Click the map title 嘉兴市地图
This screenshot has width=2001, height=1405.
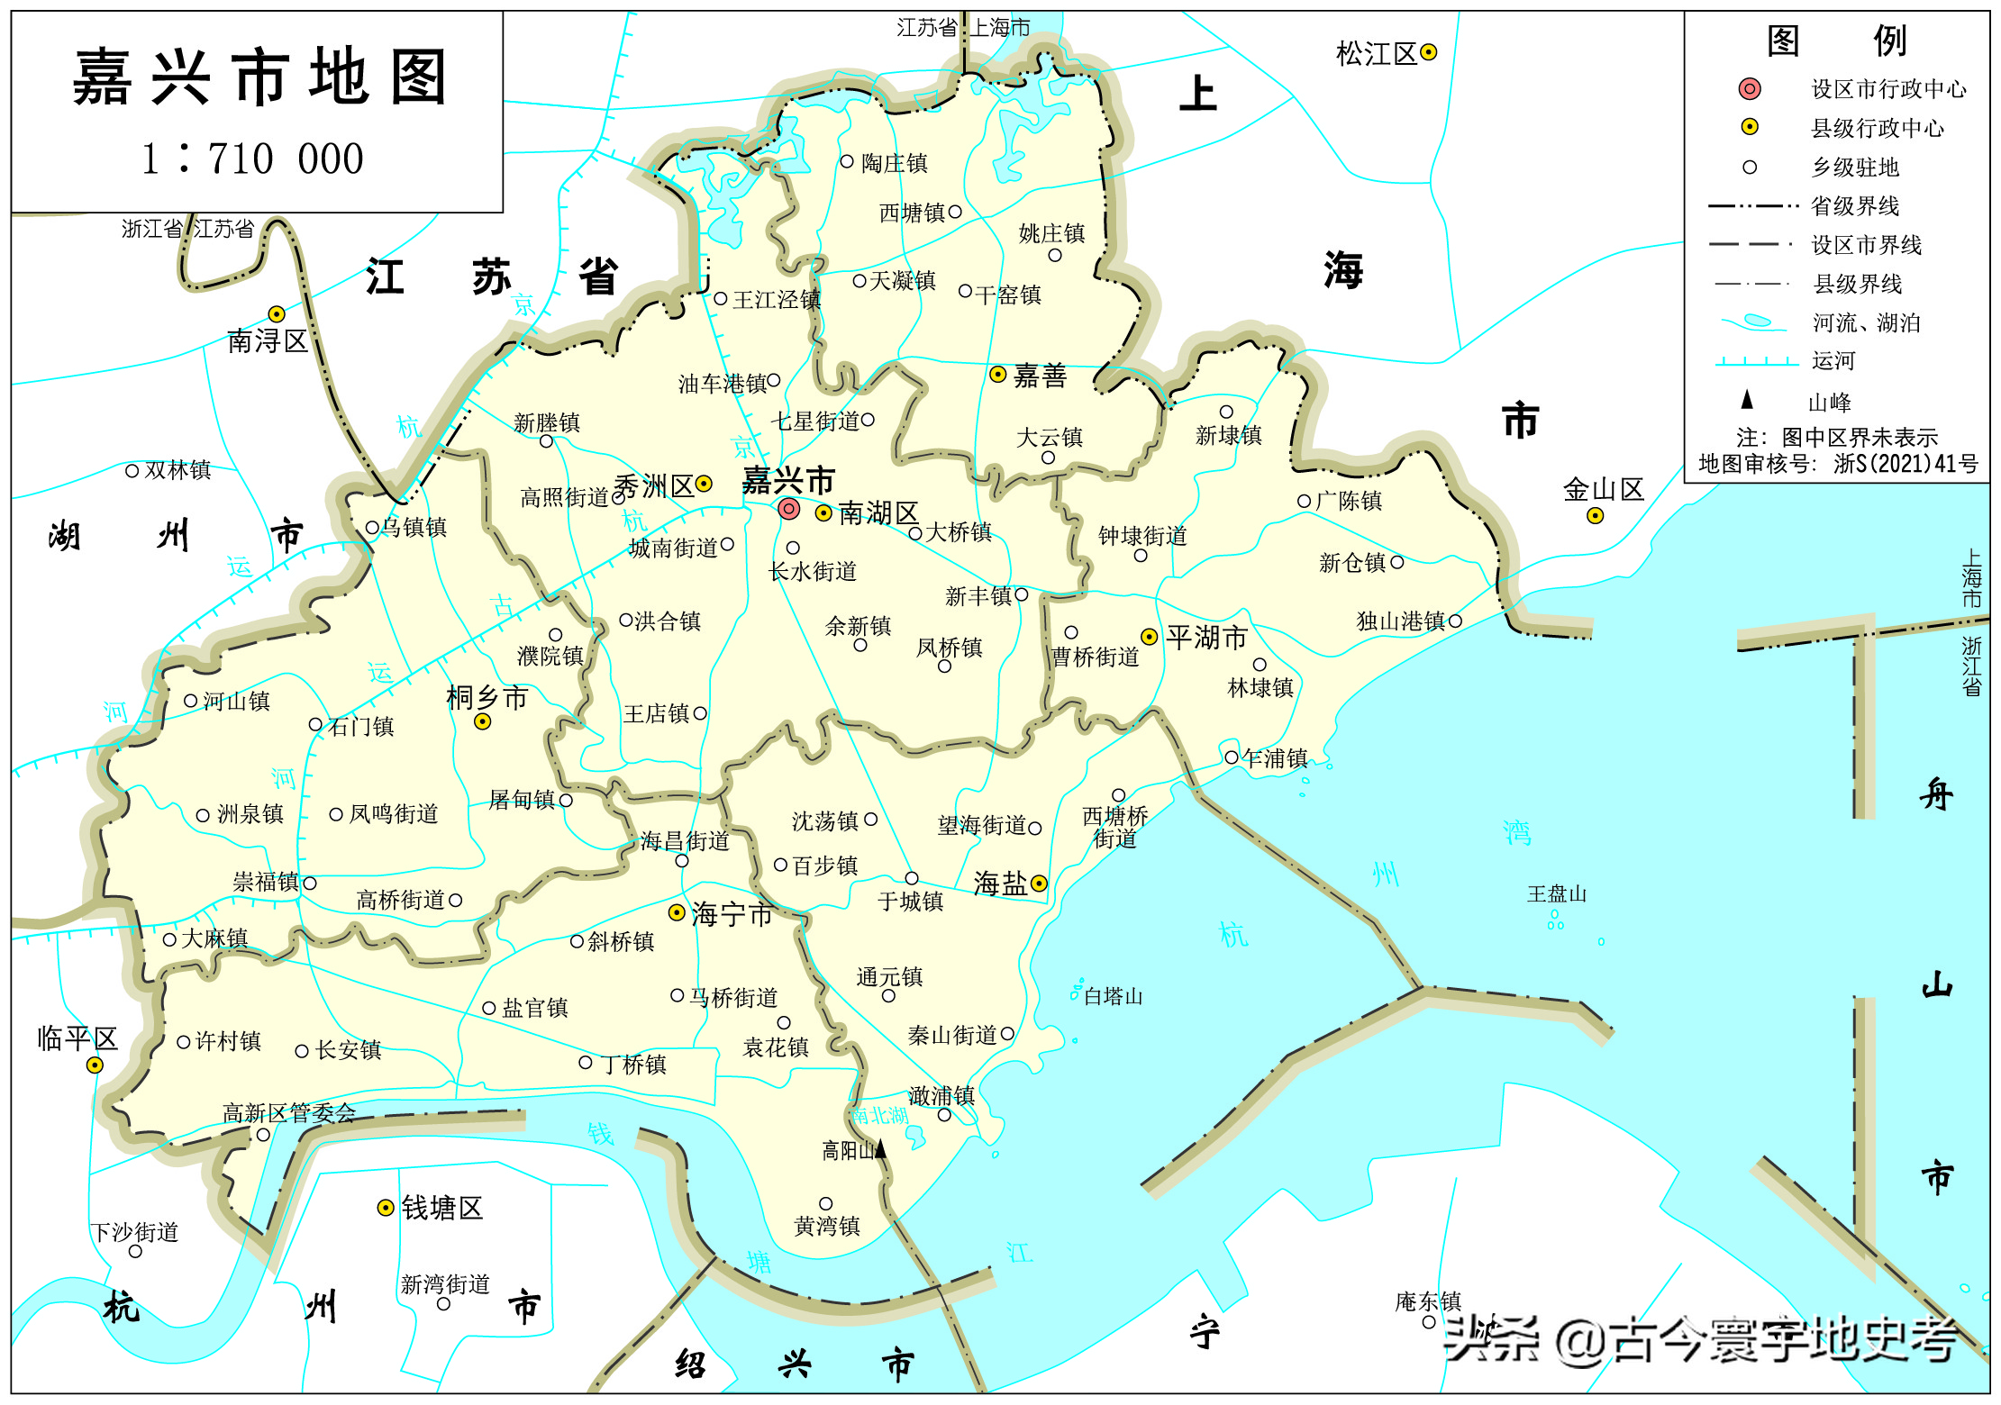(x=259, y=78)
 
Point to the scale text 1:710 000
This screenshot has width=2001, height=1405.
(x=253, y=159)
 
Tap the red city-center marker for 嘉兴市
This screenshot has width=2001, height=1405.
(x=789, y=509)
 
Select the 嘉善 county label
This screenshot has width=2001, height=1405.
(x=1040, y=376)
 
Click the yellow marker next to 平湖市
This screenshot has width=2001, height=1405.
(x=1149, y=637)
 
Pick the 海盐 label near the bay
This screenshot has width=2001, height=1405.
(x=1000, y=884)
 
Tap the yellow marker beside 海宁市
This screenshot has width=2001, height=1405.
(x=677, y=912)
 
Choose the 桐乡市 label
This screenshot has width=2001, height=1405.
(x=487, y=698)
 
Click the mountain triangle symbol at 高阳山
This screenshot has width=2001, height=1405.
(x=881, y=1148)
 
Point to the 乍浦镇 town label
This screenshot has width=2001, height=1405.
(x=1274, y=758)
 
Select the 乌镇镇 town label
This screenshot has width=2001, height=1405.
(x=414, y=527)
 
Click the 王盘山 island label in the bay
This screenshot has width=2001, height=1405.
(x=1556, y=894)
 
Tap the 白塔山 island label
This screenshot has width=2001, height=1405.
(x=1113, y=996)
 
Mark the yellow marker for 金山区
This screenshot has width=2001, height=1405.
(x=1596, y=516)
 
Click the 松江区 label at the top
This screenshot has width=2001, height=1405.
(x=1376, y=54)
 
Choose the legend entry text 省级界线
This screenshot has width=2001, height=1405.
(x=1854, y=206)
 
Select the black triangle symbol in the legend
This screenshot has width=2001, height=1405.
(x=1747, y=399)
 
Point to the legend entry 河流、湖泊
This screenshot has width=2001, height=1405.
(x=1866, y=322)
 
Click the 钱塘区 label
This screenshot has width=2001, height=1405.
(x=441, y=1208)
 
